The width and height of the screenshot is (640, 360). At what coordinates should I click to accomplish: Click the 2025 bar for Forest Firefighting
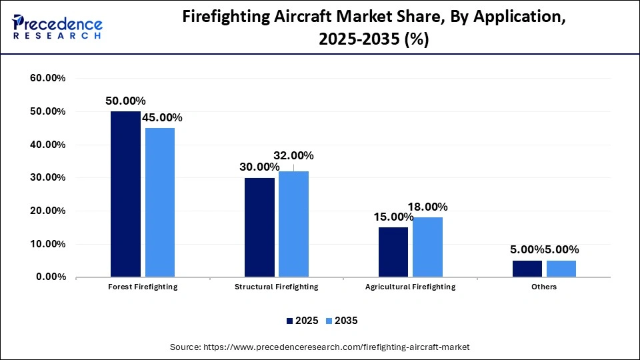coord(125,194)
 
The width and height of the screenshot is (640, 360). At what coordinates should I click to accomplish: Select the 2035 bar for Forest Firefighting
coord(160,202)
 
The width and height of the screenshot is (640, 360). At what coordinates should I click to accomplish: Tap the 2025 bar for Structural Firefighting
coord(259,227)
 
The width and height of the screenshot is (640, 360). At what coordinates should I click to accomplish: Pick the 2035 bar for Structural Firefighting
coord(293,224)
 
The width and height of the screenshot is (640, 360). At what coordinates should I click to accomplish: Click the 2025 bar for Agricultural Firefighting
coord(393,252)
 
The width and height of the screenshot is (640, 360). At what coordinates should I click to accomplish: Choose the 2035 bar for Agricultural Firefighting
coord(427,247)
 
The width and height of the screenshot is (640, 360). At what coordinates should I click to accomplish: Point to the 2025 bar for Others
coord(527,269)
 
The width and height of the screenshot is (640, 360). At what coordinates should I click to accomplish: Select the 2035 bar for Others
coord(561,269)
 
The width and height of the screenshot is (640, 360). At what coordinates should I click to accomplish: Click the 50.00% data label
coord(125,101)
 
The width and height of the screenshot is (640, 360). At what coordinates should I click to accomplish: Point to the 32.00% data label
coord(293,155)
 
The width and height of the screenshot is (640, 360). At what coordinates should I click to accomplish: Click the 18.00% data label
coord(427,207)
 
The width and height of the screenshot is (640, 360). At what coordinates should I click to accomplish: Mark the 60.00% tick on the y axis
coord(48,78)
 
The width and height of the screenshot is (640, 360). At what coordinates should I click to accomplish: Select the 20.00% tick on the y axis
coord(48,211)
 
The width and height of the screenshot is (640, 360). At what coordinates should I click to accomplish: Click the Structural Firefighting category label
coord(276,287)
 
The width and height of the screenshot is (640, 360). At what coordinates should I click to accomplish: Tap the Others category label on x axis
coord(544,287)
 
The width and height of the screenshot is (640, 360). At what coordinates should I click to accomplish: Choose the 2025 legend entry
coord(302,321)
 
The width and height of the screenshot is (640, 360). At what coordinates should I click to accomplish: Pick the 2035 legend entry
coord(341,321)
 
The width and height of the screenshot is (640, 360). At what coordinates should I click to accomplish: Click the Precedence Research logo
coord(57,27)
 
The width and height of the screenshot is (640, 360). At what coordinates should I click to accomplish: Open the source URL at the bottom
coord(320,347)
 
